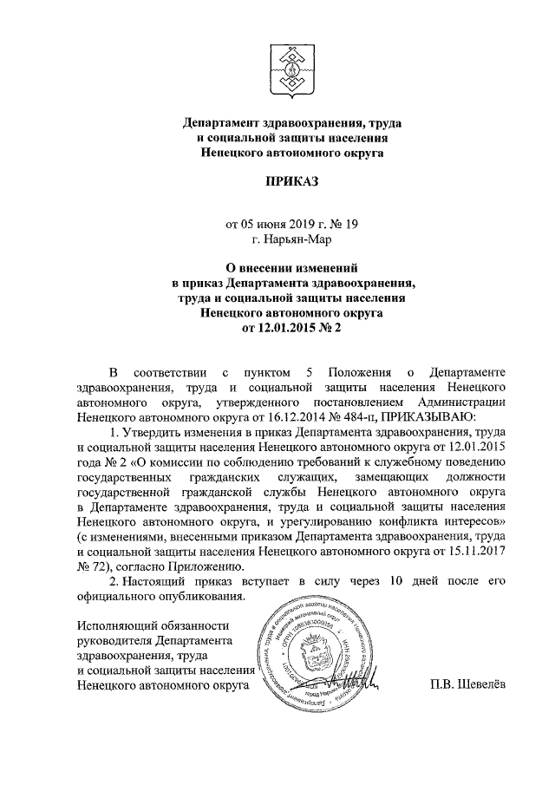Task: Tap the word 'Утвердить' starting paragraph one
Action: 152,431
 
